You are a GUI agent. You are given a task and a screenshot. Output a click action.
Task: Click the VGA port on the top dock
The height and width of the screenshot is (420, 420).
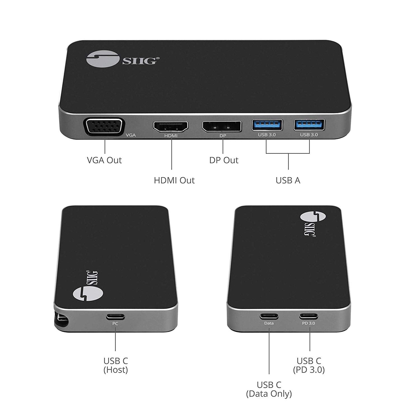[x=104, y=128]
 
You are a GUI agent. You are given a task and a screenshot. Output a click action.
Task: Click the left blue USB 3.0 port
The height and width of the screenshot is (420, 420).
[x=267, y=125]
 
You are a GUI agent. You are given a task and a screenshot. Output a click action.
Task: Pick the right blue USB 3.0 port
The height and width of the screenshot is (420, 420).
[x=309, y=125]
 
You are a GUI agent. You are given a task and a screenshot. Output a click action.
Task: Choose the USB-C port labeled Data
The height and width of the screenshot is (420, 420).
[x=269, y=317]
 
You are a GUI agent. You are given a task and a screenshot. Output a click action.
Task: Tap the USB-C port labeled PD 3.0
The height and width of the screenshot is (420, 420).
[x=309, y=316]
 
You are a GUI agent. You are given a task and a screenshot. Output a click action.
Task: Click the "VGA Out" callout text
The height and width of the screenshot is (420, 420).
[x=104, y=160]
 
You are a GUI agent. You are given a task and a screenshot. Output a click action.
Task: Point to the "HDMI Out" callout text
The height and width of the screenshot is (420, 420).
[x=174, y=180]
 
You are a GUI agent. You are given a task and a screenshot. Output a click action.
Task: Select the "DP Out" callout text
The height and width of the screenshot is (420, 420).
[x=224, y=160]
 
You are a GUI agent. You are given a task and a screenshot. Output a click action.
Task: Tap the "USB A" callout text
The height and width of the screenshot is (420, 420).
[x=288, y=180]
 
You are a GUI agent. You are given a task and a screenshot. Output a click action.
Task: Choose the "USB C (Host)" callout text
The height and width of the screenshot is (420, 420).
[x=116, y=365]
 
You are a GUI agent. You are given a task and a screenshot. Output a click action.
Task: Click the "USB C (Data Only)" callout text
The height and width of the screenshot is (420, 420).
[x=269, y=389]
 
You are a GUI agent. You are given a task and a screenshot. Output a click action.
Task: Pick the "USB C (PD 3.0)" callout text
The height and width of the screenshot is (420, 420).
[x=309, y=365]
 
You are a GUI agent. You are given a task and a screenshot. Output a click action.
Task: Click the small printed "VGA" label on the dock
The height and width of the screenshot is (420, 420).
[x=131, y=135]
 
